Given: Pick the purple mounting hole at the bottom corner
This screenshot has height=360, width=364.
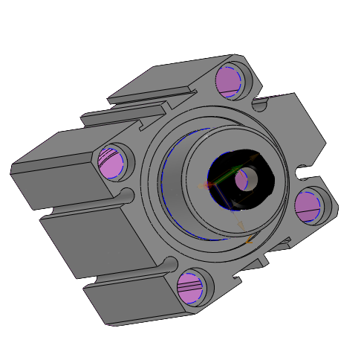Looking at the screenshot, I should pos(192,287).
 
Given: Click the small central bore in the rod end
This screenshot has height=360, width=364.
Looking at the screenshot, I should pos(244,179).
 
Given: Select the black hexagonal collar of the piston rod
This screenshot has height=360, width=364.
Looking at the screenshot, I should pos(256,194).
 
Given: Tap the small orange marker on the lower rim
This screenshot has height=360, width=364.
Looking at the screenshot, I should pos(249,240).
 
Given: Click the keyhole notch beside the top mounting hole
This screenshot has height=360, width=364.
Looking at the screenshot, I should pos(259,104).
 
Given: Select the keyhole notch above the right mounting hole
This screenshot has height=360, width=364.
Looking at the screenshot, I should pos(303,174).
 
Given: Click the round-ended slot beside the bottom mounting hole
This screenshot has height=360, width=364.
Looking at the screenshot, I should pos(170,263).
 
